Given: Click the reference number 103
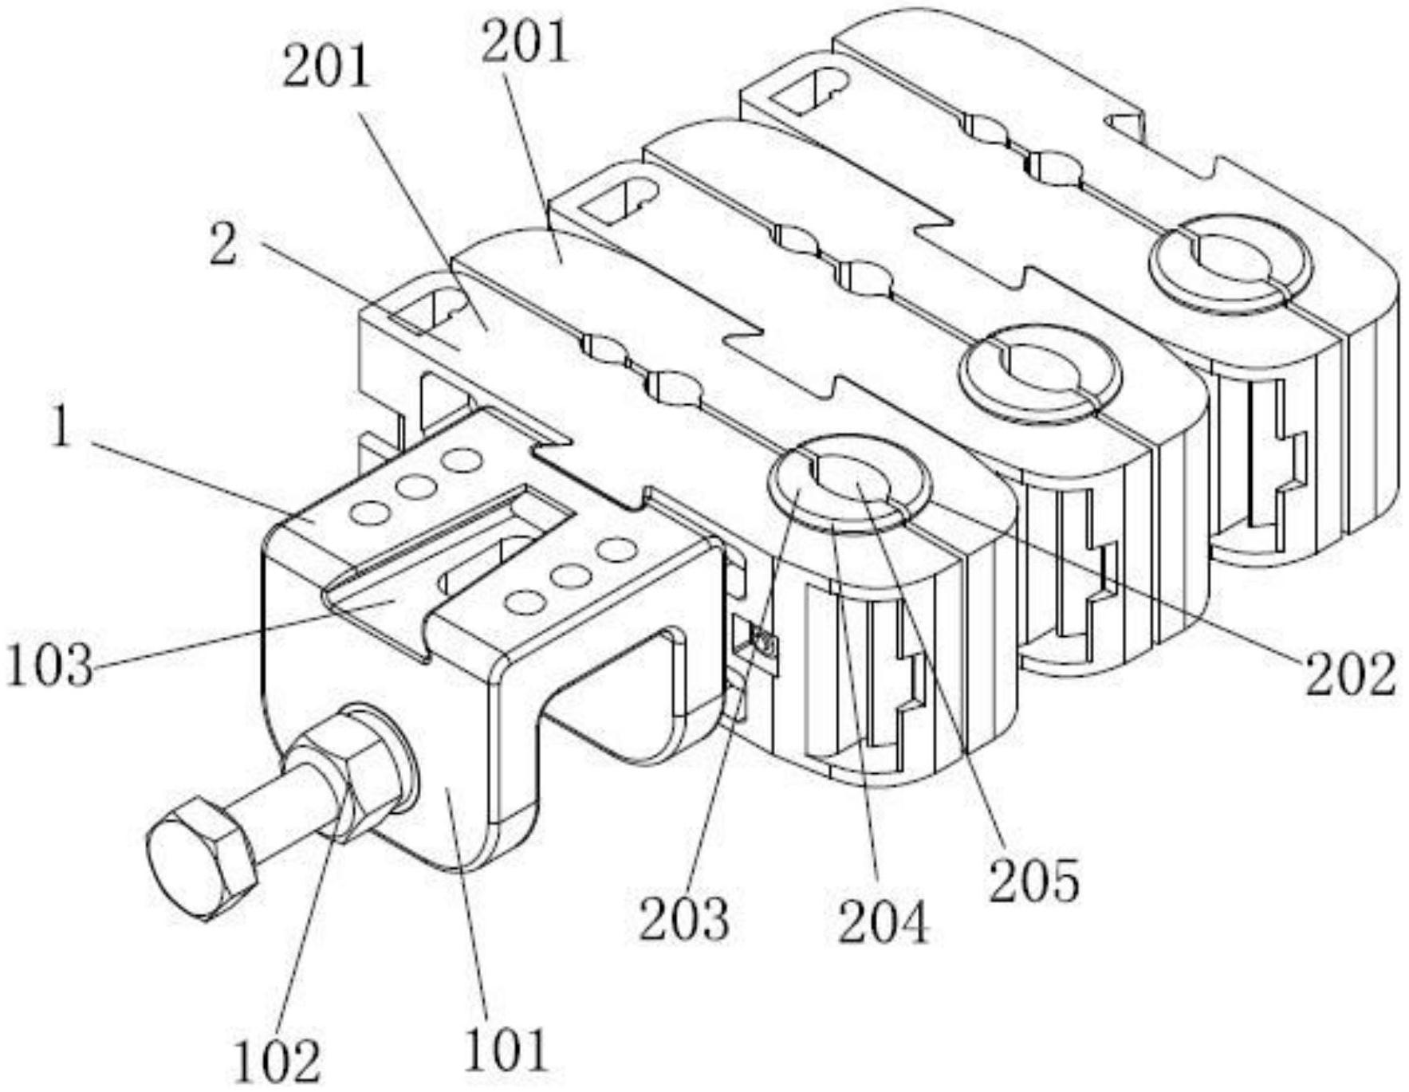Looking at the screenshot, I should click(49, 666).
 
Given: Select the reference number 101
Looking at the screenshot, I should click(507, 1051).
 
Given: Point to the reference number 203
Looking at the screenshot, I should click(684, 918).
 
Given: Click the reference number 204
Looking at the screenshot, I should click(884, 922).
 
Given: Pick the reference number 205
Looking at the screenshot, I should click(1034, 881).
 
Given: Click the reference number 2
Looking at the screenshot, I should click(223, 246).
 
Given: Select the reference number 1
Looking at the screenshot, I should click(60, 429).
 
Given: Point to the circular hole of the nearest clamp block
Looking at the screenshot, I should click(848, 482).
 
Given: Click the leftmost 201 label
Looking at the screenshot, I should click(327, 67).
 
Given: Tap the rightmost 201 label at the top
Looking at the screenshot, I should click(525, 41).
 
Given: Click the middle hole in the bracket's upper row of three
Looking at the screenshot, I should click(415, 485).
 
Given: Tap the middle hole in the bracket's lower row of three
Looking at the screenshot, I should click(570, 574).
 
